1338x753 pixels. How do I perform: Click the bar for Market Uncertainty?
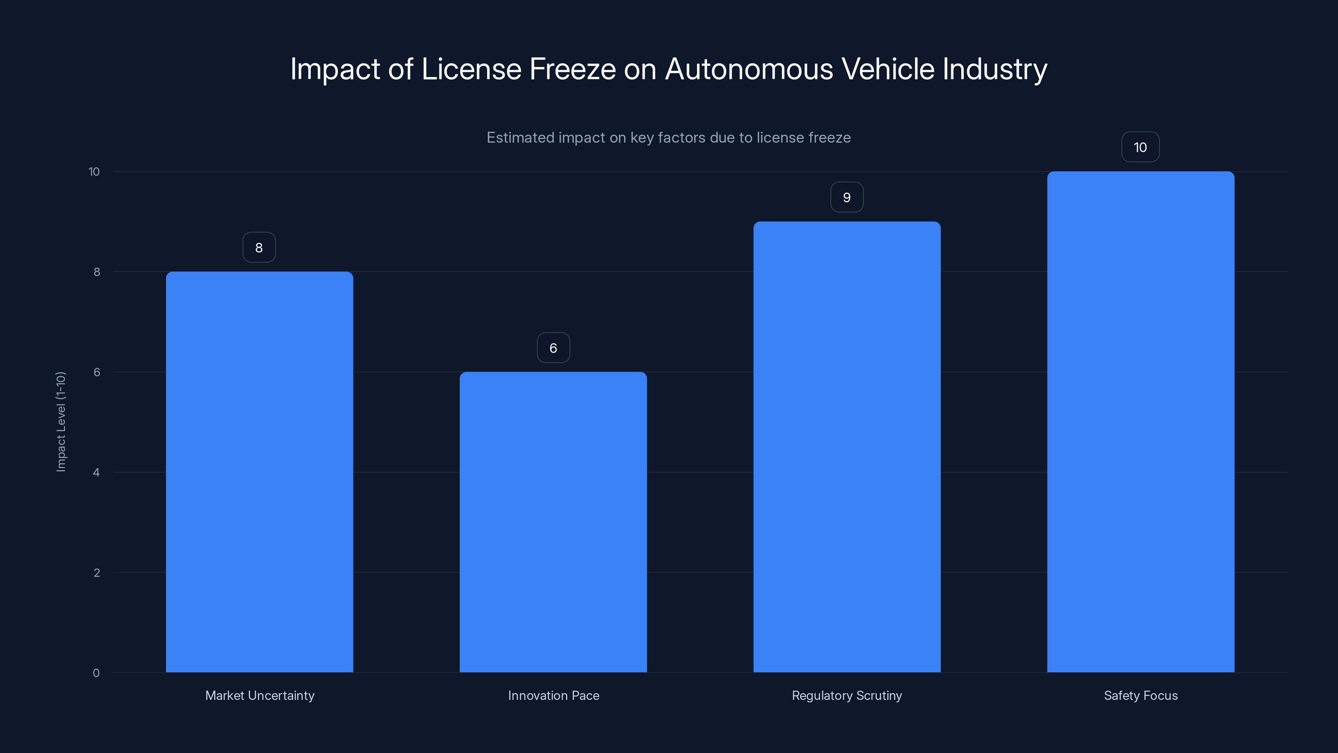point(259,471)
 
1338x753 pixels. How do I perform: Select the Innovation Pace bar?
point(553,522)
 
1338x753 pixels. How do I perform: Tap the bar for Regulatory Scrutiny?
point(847,446)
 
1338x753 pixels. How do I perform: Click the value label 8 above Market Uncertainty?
point(259,247)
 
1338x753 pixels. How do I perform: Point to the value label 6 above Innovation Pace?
point(553,348)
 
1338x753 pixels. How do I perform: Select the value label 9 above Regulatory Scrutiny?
point(847,197)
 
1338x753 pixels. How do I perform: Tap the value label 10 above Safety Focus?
point(1140,147)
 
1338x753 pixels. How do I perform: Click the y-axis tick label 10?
point(94,172)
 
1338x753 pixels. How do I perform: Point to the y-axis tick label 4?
point(96,472)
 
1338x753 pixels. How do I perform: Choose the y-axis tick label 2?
point(97,573)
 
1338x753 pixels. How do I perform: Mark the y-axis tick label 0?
point(96,673)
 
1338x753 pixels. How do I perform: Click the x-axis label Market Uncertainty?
point(260,695)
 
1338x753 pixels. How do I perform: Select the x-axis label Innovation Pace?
point(553,695)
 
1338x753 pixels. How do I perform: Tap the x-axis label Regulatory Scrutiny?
point(847,695)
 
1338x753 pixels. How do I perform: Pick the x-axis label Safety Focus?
point(1141,695)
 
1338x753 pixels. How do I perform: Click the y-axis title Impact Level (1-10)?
point(61,421)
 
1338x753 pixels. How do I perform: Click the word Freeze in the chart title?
point(572,69)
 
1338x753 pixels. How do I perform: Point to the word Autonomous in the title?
point(749,69)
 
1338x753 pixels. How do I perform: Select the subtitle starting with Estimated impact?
point(669,138)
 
